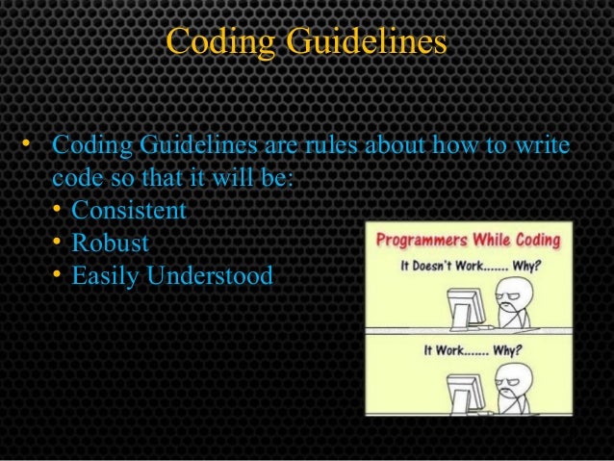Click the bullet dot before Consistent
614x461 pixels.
[58, 209]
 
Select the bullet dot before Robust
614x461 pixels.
[58, 243]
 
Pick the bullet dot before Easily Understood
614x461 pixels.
[58, 276]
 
